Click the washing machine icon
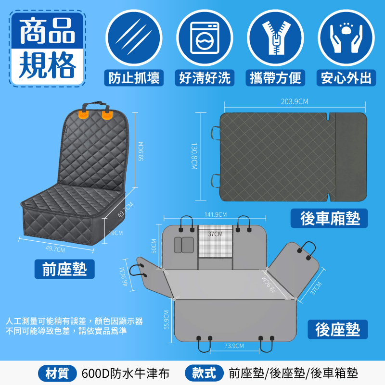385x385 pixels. point(205,38)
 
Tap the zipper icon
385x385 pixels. point(275,38)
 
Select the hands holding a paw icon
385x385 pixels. point(346,38)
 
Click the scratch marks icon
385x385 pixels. point(134,37)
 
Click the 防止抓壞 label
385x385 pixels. point(134,78)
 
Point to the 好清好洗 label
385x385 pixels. point(205,78)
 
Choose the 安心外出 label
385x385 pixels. point(346,78)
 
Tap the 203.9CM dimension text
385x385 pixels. point(295,101)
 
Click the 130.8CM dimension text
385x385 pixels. point(194,156)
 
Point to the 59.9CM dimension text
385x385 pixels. point(141,151)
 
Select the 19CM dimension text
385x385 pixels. point(115,233)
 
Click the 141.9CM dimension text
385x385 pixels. point(216,214)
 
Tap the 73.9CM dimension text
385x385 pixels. point(234,346)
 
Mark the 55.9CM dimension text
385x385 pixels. point(167,320)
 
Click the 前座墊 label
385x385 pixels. point(64,269)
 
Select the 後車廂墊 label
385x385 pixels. point(329,218)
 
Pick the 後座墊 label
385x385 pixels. point(337,330)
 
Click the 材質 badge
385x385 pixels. point(57,373)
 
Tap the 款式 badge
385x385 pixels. point(204,373)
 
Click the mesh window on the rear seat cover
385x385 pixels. point(215,241)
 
